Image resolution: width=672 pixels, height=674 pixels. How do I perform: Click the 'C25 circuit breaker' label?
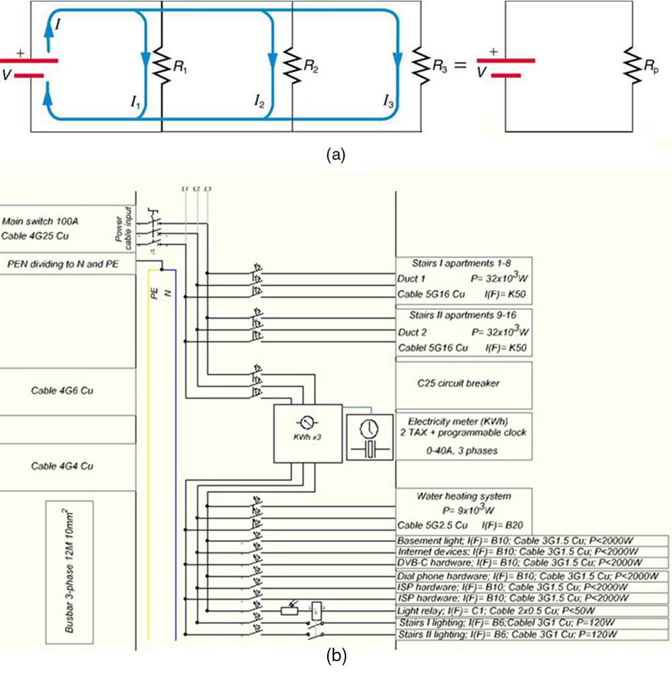(464, 383)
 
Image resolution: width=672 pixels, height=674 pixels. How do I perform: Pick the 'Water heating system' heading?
(464, 496)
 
